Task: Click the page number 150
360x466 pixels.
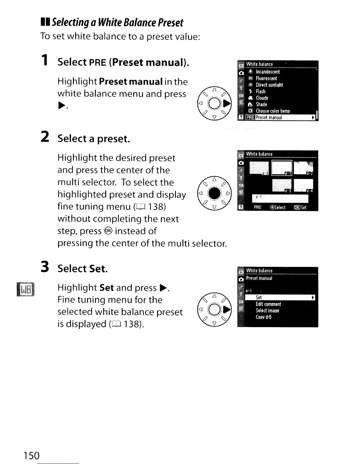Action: pyautogui.click(x=31, y=455)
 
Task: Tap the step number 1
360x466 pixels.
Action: pyautogui.click(x=44, y=60)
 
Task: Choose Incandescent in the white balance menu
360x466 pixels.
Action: pyautogui.click(x=267, y=72)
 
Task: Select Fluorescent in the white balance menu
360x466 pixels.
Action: pyautogui.click(x=266, y=78)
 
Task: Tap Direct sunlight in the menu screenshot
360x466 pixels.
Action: pyautogui.click(x=269, y=85)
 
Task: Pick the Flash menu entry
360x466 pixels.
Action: pyautogui.click(x=260, y=91)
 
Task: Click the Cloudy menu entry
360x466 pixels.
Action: pyautogui.click(x=262, y=98)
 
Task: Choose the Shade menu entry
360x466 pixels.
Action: pyautogui.click(x=261, y=104)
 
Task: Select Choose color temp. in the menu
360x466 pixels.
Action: pyautogui.click(x=273, y=111)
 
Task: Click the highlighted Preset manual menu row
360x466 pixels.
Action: pyautogui.click(x=276, y=117)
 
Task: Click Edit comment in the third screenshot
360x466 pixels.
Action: pyautogui.click(x=268, y=304)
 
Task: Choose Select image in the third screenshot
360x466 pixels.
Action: pyautogui.click(x=267, y=311)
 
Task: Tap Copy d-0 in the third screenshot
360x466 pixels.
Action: pyautogui.click(x=264, y=317)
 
